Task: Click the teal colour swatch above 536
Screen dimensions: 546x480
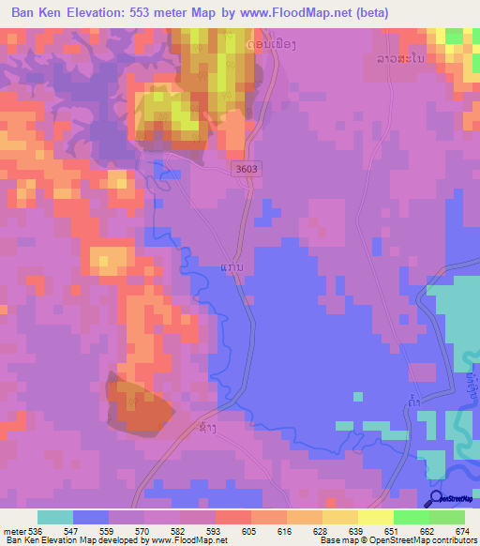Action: [x=55, y=517]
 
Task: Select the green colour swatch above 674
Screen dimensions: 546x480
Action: [x=447, y=517]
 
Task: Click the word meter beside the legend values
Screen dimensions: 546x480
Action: [x=14, y=531]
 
